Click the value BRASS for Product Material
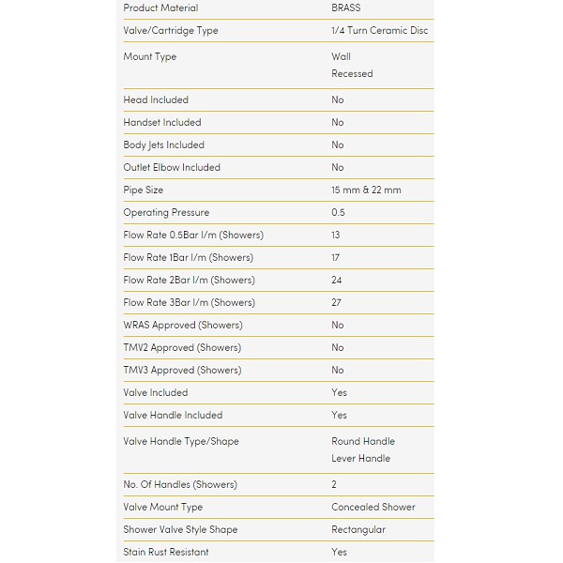(345, 8)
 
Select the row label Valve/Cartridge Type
(171, 31)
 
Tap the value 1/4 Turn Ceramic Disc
(380, 31)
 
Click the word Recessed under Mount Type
(352, 74)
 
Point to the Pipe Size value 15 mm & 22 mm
(366, 190)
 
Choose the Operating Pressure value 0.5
(338, 213)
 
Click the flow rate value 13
(336, 236)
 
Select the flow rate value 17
(336, 258)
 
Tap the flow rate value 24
(337, 281)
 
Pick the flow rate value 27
(337, 303)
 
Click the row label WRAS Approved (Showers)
(183, 326)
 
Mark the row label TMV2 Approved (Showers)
(182, 348)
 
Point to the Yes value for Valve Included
(339, 393)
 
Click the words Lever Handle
(361, 459)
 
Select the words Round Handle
(363, 442)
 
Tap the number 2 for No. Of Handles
(334, 485)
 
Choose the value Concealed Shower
(373, 508)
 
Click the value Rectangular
(358, 530)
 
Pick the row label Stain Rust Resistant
(166, 553)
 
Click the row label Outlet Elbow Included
(172, 168)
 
